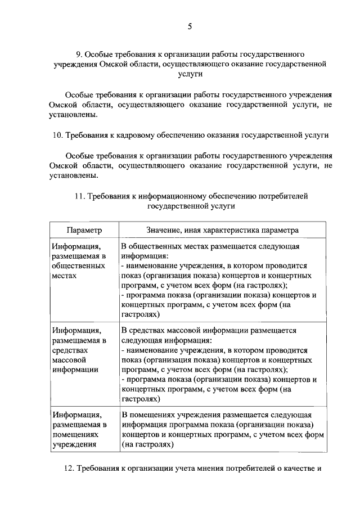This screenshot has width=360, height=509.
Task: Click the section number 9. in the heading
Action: coord(79,55)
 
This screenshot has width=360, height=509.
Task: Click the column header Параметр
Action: coord(84,230)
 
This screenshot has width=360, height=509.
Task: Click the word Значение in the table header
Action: coord(163,230)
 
